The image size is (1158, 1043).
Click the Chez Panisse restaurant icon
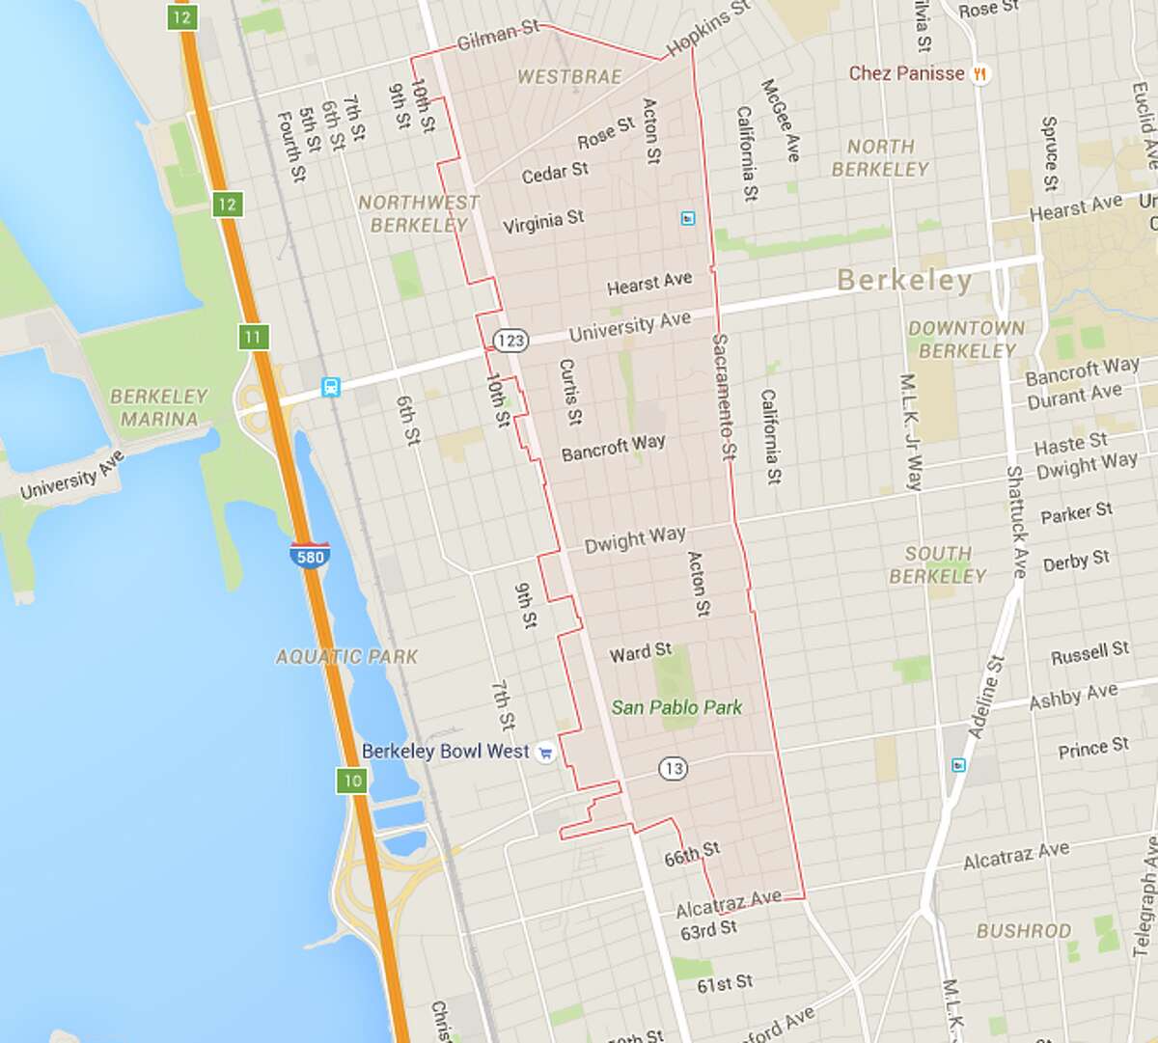pyautogui.click(x=979, y=73)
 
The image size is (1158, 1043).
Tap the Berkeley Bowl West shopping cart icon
pyautogui.click(x=545, y=753)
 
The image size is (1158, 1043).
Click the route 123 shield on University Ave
pyautogui.click(x=510, y=340)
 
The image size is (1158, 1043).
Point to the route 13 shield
pyautogui.click(x=673, y=769)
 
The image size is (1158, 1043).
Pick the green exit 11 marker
pyautogui.click(x=253, y=337)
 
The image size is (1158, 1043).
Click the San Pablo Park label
pyautogui.click(x=676, y=707)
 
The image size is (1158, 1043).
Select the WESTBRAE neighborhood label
pyautogui.click(x=569, y=77)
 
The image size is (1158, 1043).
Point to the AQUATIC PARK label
pyautogui.click(x=346, y=657)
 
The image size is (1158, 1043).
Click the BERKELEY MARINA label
pyautogui.click(x=159, y=407)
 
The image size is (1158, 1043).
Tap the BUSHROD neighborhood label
pyautogui.click(x=1024, y=931)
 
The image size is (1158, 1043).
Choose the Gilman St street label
pyautogui.click(x=498, y=37)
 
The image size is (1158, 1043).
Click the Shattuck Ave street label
pyautogui.click(x=1016, y=521)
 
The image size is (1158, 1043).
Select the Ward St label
pyautogui.click(x=640, y=653)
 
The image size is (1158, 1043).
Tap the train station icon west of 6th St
pyautogui.click(x=331, y=388)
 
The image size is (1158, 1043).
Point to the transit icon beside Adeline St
pyautogui.click(x=957, y=765)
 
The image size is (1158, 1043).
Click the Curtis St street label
pyautogui.click(x=569, y=392)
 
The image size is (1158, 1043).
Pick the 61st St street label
pyautogui.click(x=724, y=983)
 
